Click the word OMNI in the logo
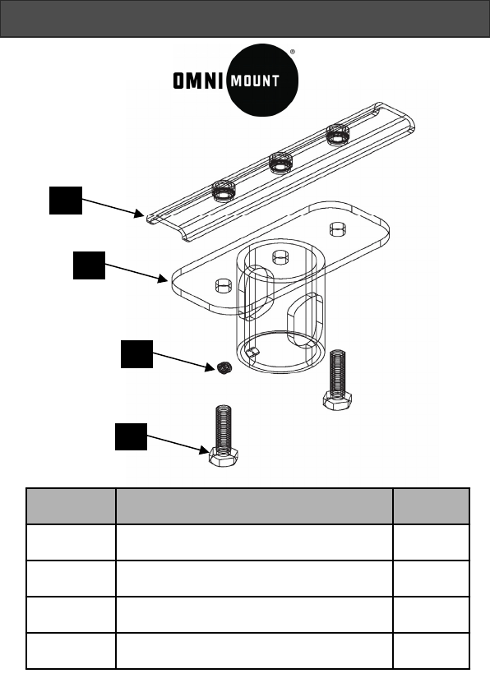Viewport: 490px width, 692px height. click(x=198, y=81)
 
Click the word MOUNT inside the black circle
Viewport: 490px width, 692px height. click(x=255, y=81)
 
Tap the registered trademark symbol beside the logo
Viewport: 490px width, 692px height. click(x=292, y=52)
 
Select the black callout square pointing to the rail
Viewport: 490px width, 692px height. click(x=66, y=201)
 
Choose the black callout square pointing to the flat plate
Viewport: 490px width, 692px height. click(x=89, y=265)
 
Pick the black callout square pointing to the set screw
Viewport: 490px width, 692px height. click(x=136, y=354)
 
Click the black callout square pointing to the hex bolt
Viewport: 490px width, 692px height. click(x=131, y=436)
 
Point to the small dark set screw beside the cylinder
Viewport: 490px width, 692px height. click(x=224, y=367)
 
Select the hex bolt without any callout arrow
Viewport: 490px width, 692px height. click(x=337, y=380)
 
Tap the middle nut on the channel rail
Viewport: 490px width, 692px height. click(x=280, y=163)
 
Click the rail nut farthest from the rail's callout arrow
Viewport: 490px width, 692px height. click(x=338, y=134)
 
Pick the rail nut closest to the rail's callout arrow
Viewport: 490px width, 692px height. click(x=224, y=191)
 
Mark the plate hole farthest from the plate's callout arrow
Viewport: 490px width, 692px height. click(x=338, y=229)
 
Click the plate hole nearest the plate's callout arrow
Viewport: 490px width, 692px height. click(x=224, y=285)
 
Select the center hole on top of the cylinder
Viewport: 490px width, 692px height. click(x=280, y=257)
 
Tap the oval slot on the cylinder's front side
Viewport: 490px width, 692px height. click(x=304, y=320)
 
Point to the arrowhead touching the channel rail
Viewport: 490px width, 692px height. click(x=140, y=214)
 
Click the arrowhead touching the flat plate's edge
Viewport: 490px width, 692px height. click(x=163, y=279)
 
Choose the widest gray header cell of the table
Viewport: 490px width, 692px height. click(x=254, y=506)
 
